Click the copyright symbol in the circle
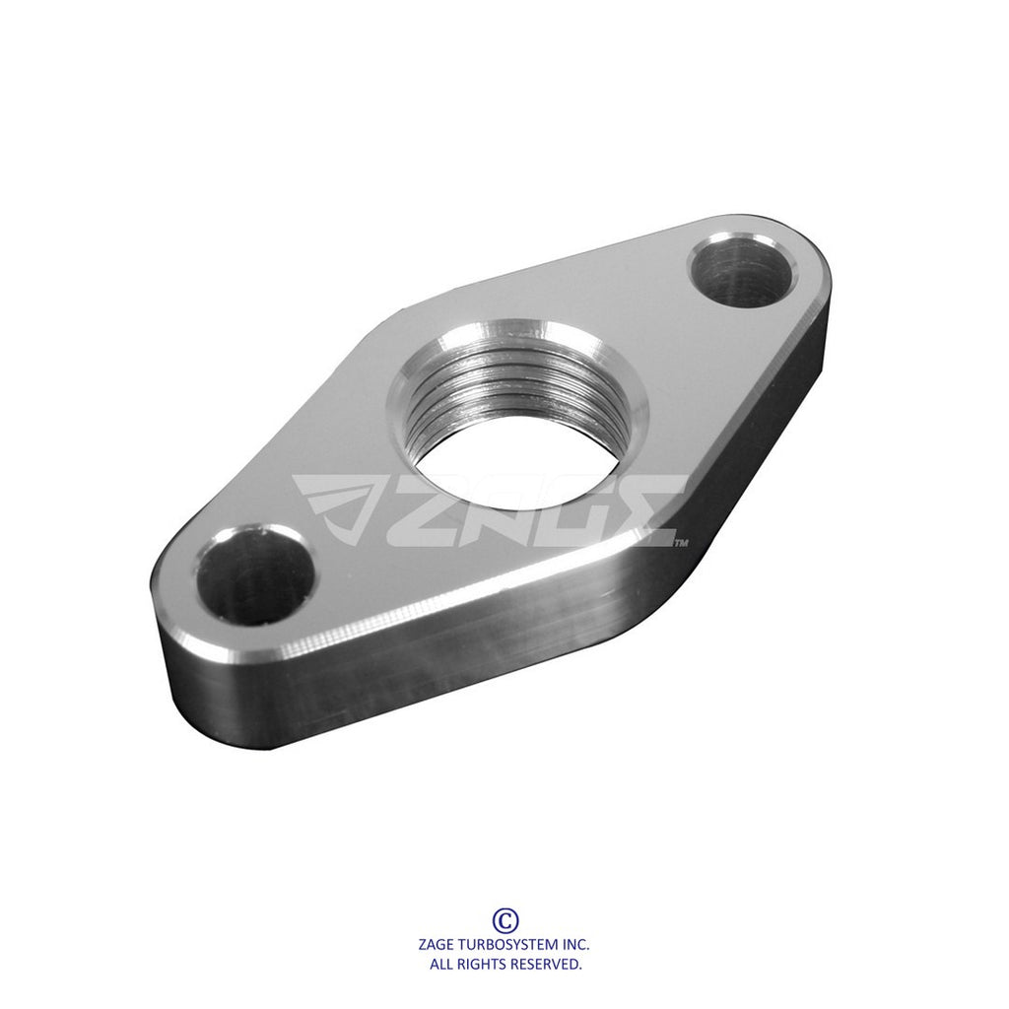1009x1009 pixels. click(505, 920)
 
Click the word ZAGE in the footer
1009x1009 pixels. click(437, 945)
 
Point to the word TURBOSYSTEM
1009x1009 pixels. click(509, 945)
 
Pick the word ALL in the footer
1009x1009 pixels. click(441, 964)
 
